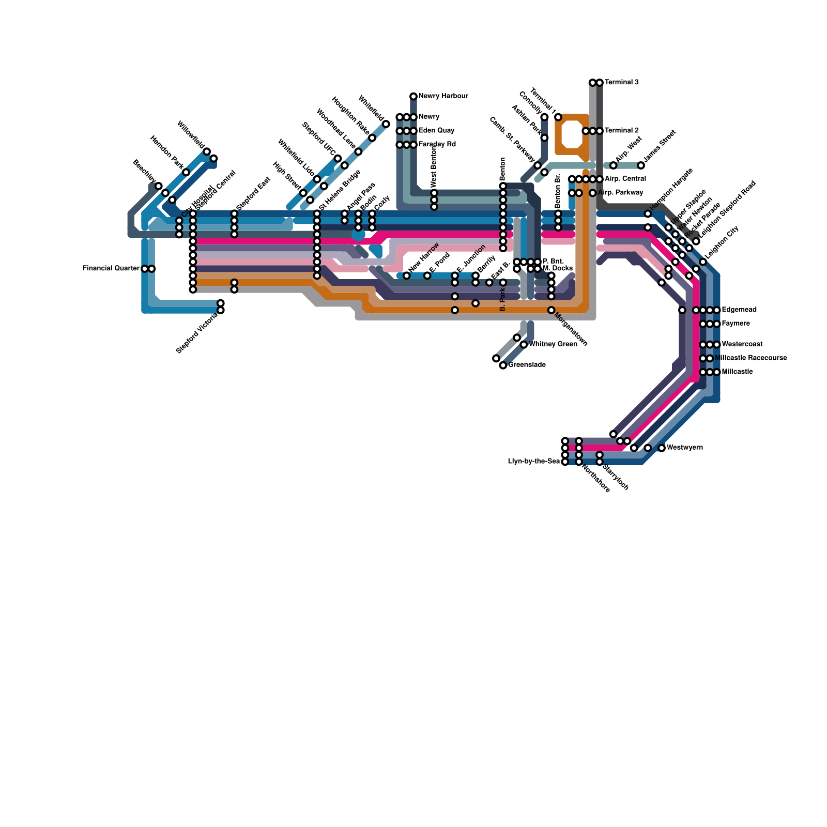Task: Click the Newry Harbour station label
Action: point(443,96)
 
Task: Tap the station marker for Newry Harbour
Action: point(413,96)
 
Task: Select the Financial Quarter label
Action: point(111,269)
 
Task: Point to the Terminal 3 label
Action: point(621,82)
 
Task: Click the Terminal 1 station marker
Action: point(558,117)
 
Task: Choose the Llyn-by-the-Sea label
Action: point(534,462)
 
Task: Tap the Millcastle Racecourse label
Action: point(751,358)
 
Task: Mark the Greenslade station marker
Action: point(503,365)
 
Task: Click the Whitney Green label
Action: point(553,344)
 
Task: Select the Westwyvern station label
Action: point(684,448)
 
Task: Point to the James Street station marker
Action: point(641,165)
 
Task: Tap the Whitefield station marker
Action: point(386,124)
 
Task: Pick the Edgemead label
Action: point(739,310)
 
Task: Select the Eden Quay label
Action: point(436,131)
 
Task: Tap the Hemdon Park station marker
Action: point(186,172)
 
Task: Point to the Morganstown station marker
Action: point(552,310)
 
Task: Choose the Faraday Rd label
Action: point(437,145)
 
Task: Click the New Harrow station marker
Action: point(407,275)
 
